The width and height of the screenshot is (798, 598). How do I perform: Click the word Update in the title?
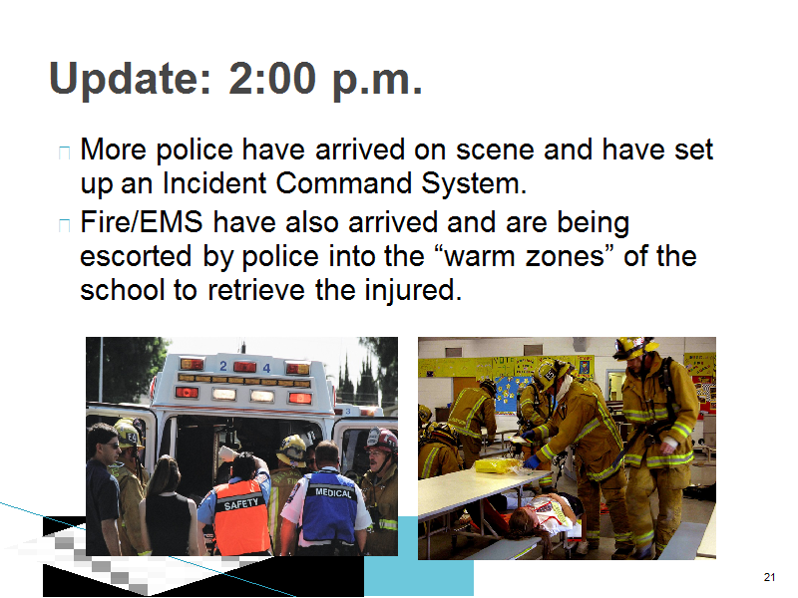130,80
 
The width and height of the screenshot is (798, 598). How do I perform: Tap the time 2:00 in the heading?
272,79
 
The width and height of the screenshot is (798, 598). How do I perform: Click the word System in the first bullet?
474,183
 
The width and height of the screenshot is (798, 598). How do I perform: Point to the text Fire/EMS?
142,222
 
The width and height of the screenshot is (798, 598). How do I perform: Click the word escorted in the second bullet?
136,256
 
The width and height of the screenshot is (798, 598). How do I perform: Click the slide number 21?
769,577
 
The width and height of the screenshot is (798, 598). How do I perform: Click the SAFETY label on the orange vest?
241,504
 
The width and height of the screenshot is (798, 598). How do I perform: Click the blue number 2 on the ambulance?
222,366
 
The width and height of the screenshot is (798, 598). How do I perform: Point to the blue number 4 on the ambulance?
266,367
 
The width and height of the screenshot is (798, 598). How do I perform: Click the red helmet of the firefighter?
381,440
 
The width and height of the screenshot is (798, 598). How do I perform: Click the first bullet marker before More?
64,152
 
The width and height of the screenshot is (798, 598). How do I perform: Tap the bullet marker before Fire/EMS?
64,225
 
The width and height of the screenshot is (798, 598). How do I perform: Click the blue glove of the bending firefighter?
533,461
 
